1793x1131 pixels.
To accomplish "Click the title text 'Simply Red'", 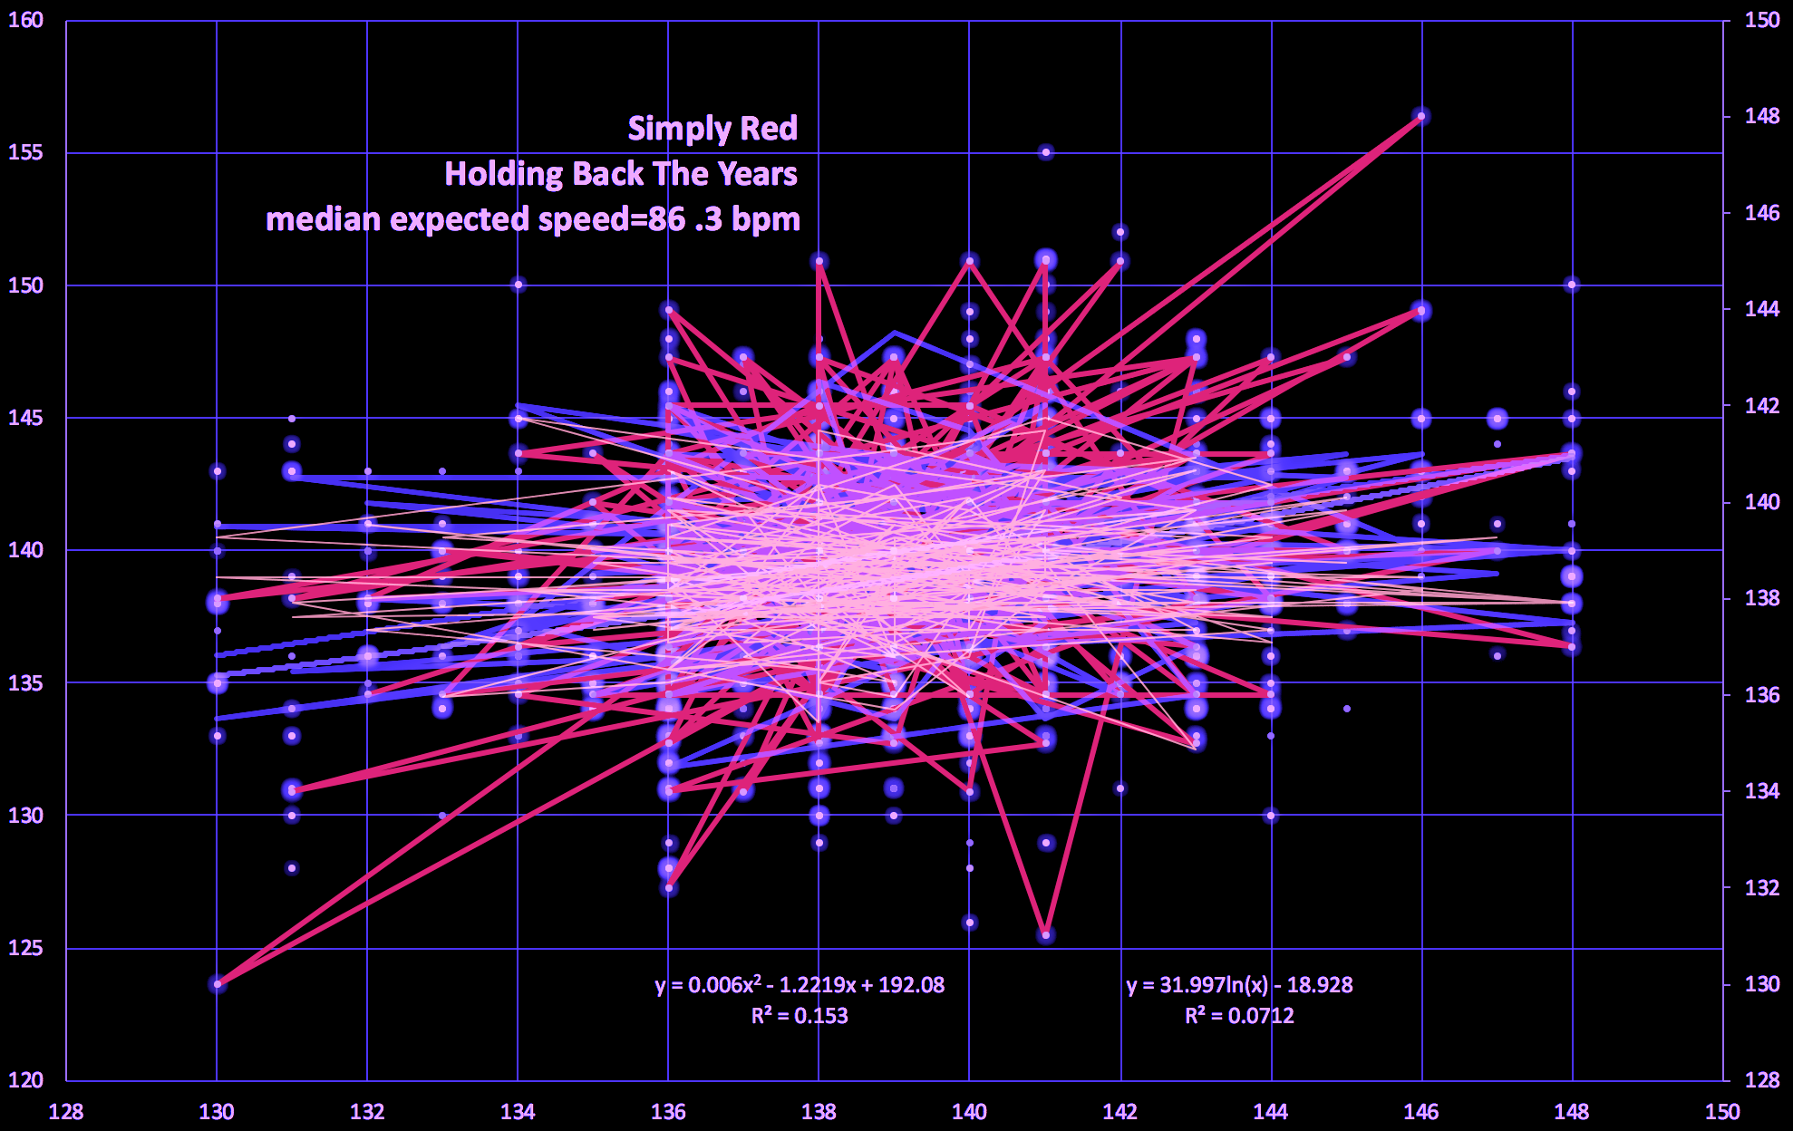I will tap(712, 129).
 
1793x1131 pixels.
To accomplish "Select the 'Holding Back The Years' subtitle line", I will tap(621, 174).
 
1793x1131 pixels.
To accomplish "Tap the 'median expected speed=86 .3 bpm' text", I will tap(533, 219).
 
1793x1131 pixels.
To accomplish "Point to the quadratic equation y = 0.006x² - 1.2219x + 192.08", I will tap(800, 985).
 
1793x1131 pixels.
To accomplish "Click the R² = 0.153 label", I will tap(800, 1016).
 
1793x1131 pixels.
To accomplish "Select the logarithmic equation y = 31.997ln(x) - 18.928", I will tap(1239, 985).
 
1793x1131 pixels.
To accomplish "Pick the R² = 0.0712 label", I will tap(1239, 1016).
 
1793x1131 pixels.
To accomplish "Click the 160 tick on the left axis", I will tap(25, 20).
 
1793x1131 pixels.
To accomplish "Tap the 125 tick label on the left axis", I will tap(25, 948).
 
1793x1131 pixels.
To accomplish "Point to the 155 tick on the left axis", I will tap(25, 152).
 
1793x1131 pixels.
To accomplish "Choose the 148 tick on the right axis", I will tap(1762, 117).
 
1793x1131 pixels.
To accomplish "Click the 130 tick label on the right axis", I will tap(1762, 984).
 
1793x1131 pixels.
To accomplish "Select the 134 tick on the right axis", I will tap(1762, 791).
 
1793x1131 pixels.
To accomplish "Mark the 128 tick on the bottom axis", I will tap(66, 1112).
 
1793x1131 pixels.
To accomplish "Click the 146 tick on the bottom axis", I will tap(1421, 1112).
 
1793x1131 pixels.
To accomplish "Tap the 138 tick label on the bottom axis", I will tap(819, 1112).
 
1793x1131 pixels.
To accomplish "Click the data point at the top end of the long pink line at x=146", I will tap(1421, 116).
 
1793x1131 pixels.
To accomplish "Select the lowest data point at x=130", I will tap(218, 983).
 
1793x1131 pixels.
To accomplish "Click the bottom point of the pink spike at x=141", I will tap(1046, 934).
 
